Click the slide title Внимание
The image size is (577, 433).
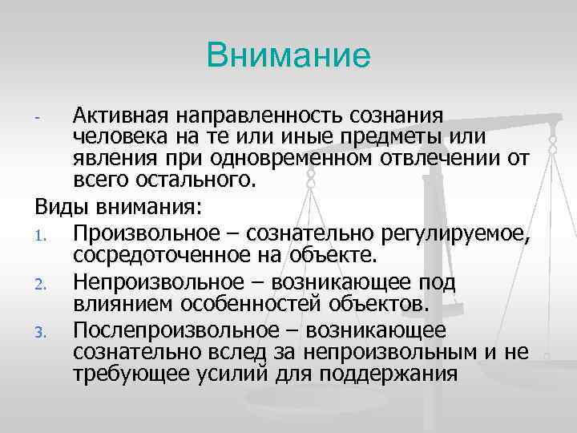pyautogui.click(x=288, y=55)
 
